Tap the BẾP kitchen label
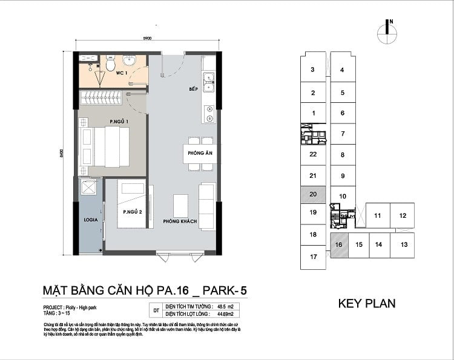pyautogui.click(x=193, y=89)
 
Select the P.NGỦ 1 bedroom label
pyautogui.click(x=119, y=122)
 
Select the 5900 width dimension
pyautogui.click(x=147, y=38)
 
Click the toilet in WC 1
pyautogui.click(x=110, y=64)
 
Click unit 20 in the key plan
pyautogui.click(x=313, y=194)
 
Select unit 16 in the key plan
pyautogui.click(x=338, y=245)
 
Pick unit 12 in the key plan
pyautogui.click(x=402, y=215)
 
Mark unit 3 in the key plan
pyautogui.click(x=313, y=70)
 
